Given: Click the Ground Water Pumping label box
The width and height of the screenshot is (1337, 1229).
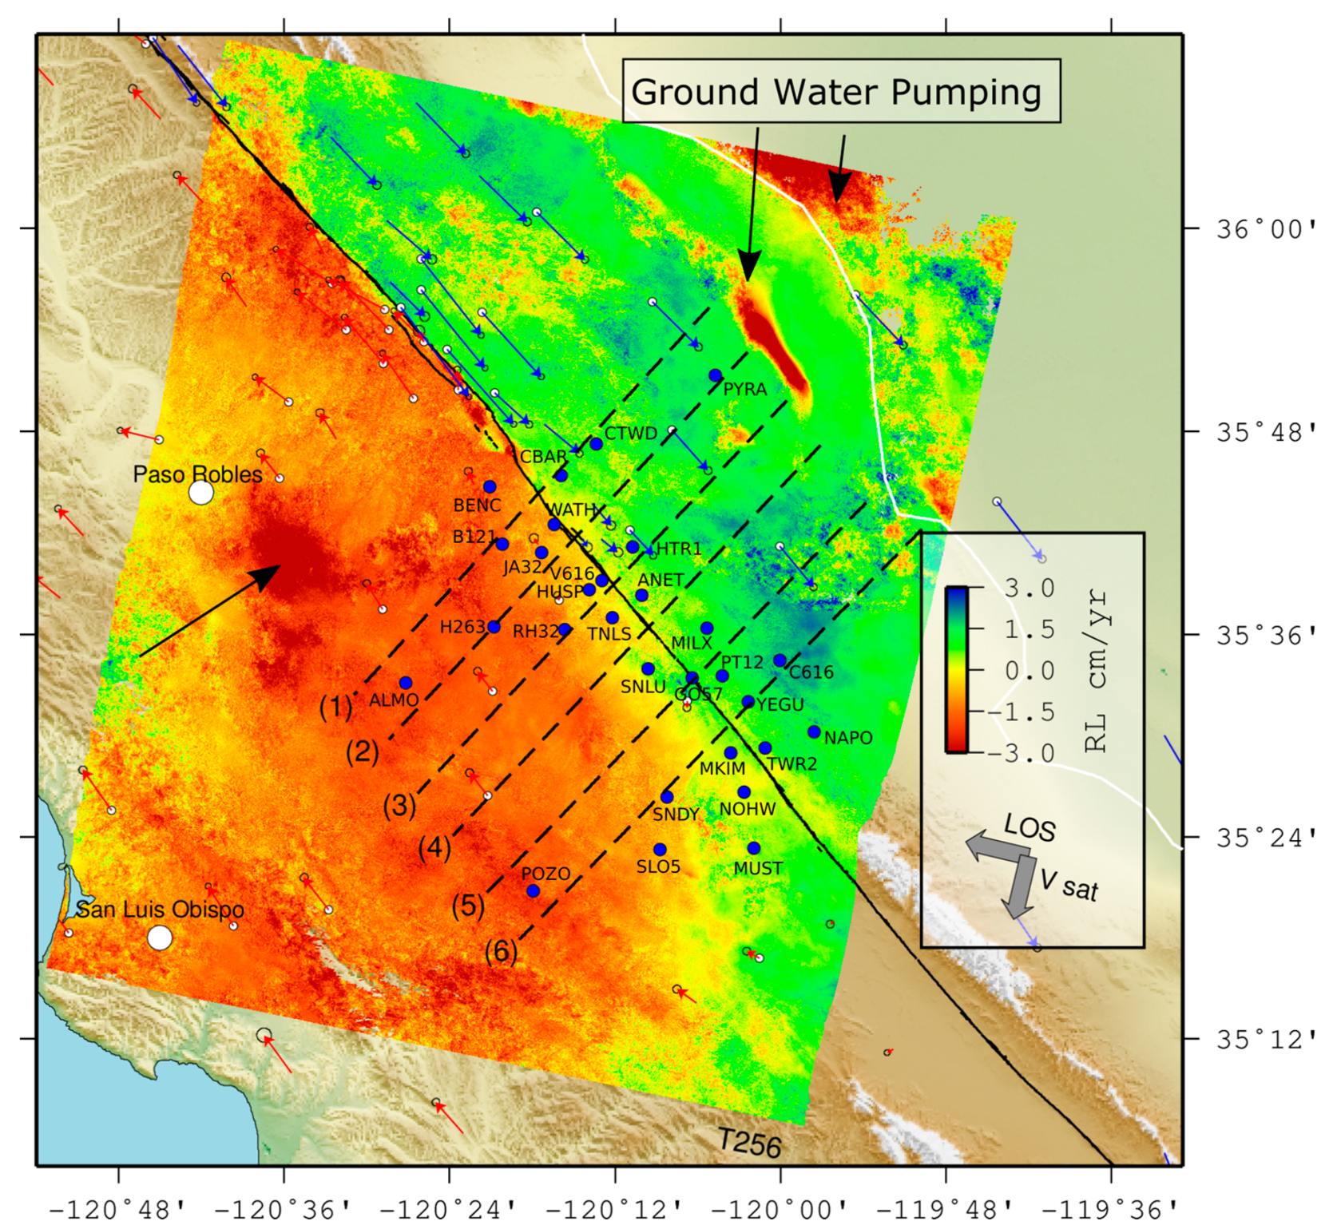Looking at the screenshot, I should click(x=841, y=91).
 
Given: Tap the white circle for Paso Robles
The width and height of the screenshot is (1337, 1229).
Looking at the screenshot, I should click(x=201, y=493).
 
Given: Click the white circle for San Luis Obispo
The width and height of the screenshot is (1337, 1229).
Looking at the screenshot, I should click(x=160, y=938).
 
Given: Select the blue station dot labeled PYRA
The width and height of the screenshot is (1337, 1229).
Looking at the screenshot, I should click(x=716, y=375).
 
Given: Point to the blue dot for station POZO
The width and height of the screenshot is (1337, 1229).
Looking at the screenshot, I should click(x=533, y=891).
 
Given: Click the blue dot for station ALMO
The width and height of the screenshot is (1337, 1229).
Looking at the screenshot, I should click(x=406, y=683).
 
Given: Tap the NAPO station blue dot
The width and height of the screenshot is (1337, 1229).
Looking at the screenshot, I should click(x=814, y=731).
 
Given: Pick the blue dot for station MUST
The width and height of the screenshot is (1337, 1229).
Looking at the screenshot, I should click(x=754, y=848).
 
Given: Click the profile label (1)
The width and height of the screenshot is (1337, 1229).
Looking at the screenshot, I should click(x=335, y=707).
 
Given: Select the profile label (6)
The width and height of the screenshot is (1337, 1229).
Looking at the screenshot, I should click(x=501, y=951).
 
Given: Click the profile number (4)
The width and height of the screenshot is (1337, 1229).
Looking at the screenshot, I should click(x=434, y=847).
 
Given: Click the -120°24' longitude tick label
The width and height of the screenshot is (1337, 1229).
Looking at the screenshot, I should click(x=449, y=1208).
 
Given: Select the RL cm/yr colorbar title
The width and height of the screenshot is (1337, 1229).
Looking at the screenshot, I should click(x=1097, y=671).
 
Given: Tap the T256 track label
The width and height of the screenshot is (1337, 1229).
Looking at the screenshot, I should click(x=748, y=1143).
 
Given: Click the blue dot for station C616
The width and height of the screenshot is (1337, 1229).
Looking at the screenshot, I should click(x=780, y=660).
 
